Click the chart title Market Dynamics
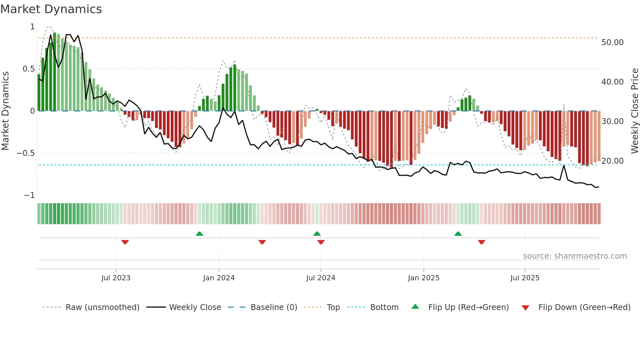tap(51, 9)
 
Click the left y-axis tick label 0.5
tap(28, 69)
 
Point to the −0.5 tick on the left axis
tap(26, 153)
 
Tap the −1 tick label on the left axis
tap(29, 195)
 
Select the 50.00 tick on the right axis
tap(612, 42)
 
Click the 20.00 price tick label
tap(612, 161)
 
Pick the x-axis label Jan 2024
tap(219, 278)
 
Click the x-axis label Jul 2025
tap(525, 278)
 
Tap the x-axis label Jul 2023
tap(116, 278)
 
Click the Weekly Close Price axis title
tap(634, 111)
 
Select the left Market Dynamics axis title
tap(5, 111)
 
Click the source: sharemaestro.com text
tap(575, 256)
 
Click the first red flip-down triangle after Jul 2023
tap(125, 242)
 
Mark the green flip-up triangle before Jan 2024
tap(200, 234)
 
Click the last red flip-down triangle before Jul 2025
tap(481, 242)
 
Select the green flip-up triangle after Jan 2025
tap(458, 234)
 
